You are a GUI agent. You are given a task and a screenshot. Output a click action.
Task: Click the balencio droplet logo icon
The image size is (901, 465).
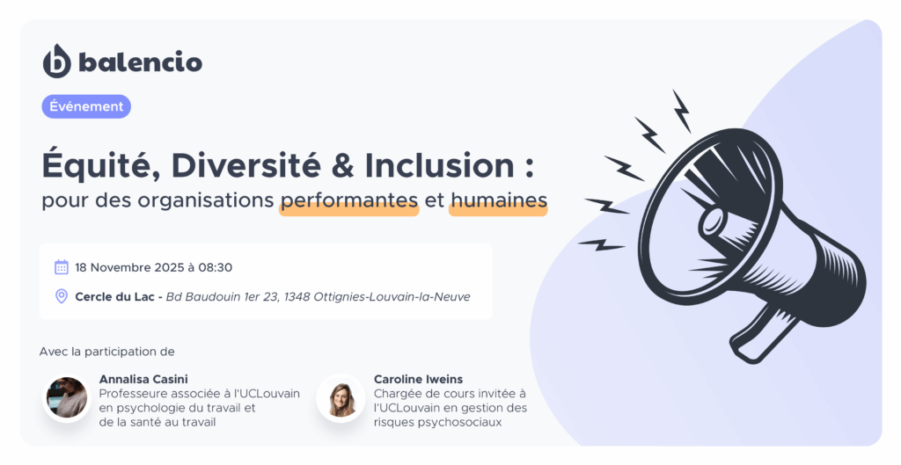click(x=57, y=62)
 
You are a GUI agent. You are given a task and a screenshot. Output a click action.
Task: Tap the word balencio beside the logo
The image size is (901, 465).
click(x=140, y=62)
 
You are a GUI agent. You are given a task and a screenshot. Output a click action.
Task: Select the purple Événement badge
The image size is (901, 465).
click(x=86, y=106)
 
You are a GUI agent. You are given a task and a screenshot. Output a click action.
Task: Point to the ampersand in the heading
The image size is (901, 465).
click(x=342, y=166)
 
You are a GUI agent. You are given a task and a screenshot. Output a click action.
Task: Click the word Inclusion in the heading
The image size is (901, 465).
click(x=440, y=166)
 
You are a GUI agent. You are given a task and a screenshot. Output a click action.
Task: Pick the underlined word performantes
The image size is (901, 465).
click(x=348, y=200)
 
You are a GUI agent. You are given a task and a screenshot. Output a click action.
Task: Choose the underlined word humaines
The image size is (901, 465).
click(x=498, y=200)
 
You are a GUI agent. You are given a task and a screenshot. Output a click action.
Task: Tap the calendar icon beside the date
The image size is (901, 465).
click(x=62, y=267)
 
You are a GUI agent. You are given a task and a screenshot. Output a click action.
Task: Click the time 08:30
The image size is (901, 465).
click(x=216, y=267)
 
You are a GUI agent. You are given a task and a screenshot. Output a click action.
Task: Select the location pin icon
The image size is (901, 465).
click(x=62, y=296)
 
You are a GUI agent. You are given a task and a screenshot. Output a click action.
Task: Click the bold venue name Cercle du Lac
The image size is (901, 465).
click(x=115, y=297)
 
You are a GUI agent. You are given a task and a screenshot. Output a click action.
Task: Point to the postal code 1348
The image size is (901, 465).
click(x=297, y=297)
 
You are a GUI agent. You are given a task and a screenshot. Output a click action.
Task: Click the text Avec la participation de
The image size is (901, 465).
click(x=106, y=352)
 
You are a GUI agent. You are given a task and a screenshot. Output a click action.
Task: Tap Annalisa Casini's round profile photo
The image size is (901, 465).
click(x=67, y=397)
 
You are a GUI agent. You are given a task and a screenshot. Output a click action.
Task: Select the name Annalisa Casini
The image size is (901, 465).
click(x=143, y=379)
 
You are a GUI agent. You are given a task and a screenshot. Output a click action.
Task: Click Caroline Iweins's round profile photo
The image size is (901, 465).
click(x=341, y=398)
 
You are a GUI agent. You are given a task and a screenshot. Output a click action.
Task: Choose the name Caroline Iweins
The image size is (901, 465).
click(x=418, y=379)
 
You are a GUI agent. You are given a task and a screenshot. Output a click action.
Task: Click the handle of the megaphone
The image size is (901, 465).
click(x=758, y=337)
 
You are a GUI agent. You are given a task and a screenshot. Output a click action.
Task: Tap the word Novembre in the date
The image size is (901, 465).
click(x=119, y=267)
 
